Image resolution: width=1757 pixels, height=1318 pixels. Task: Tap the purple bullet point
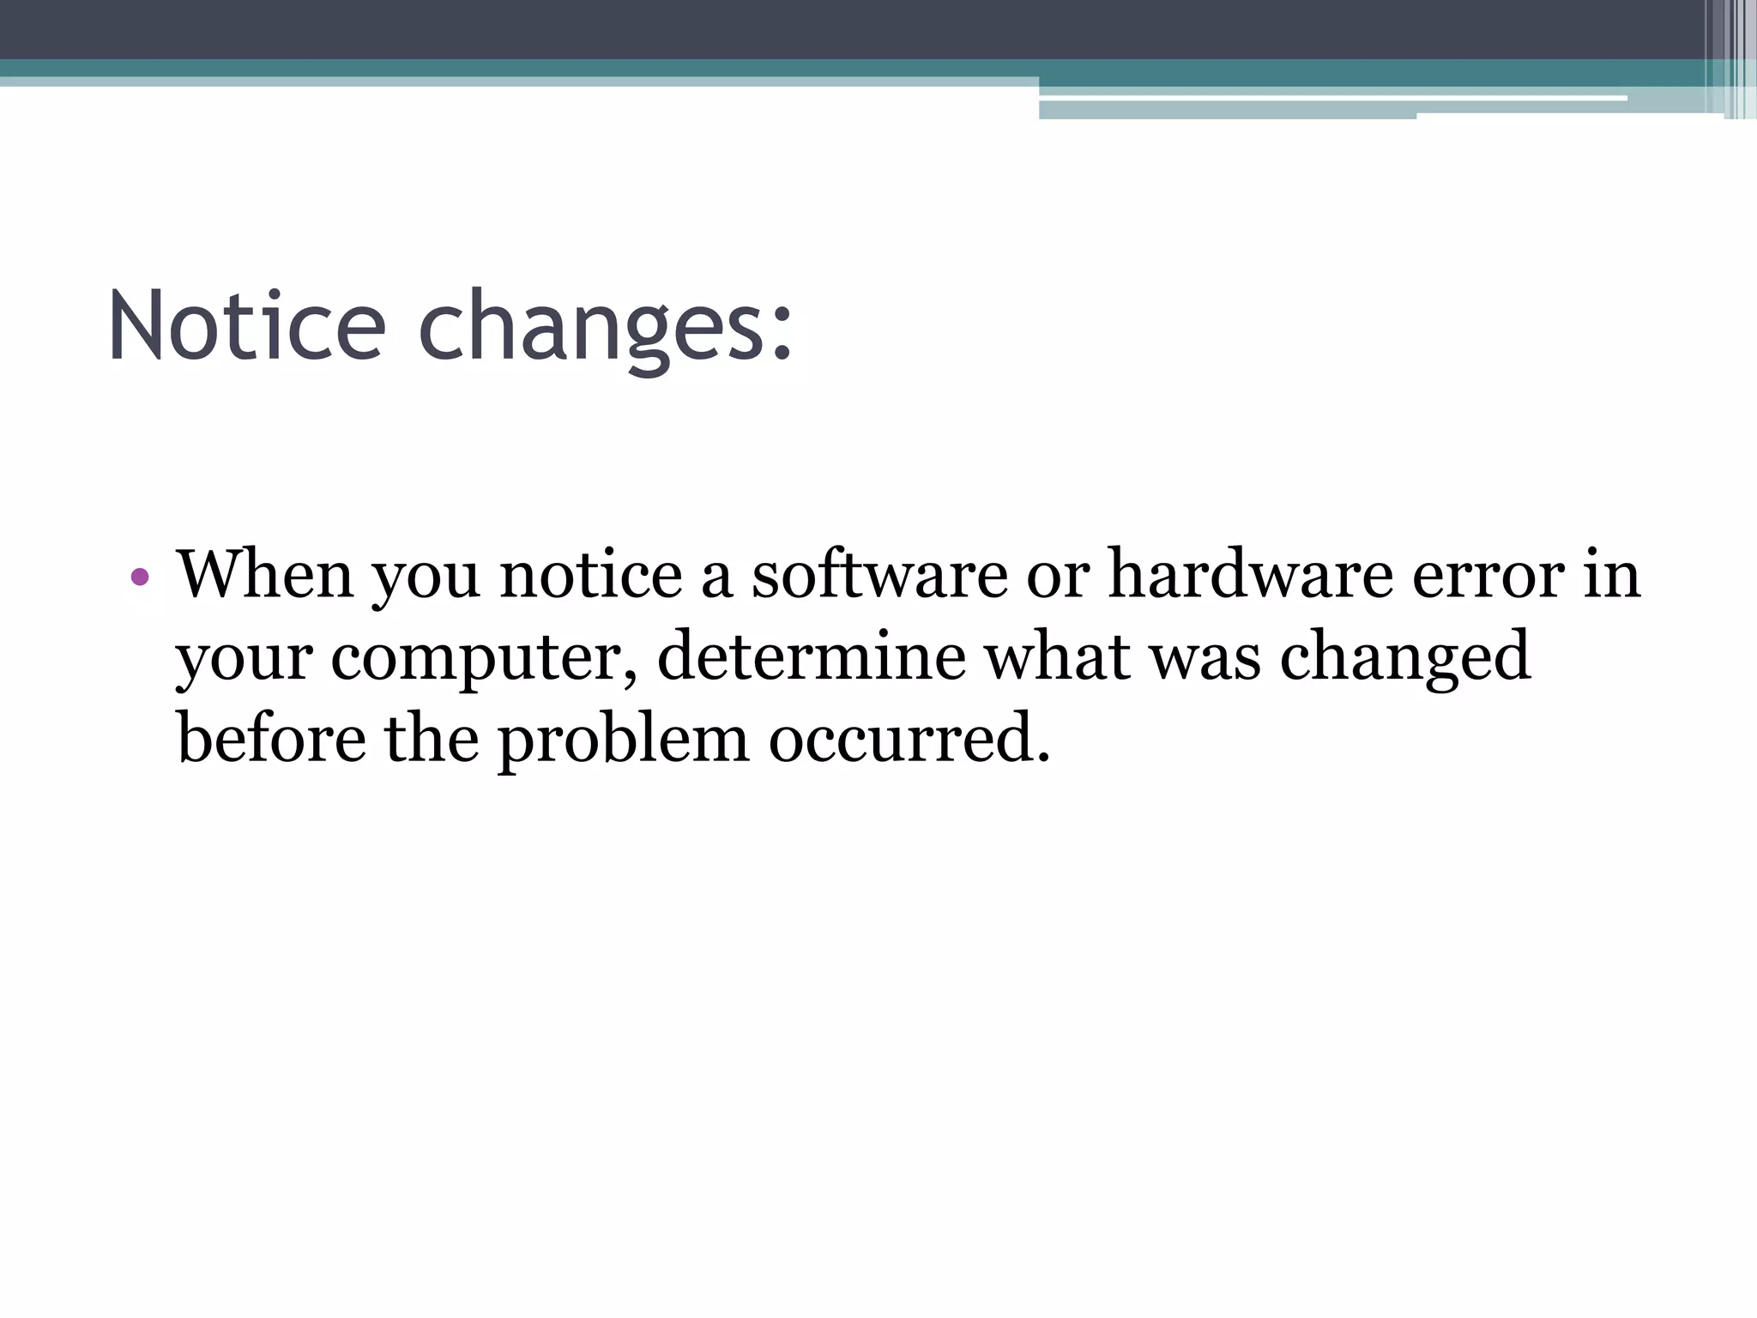click(x=140, y=577)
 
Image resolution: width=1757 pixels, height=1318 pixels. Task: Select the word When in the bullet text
click(x=264, y=574)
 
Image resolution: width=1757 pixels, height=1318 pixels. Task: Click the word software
click(x=879, y=574)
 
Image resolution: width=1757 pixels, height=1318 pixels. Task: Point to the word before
click(x=271, y=739)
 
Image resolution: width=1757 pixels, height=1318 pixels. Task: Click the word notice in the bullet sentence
click(x=591, y=574)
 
